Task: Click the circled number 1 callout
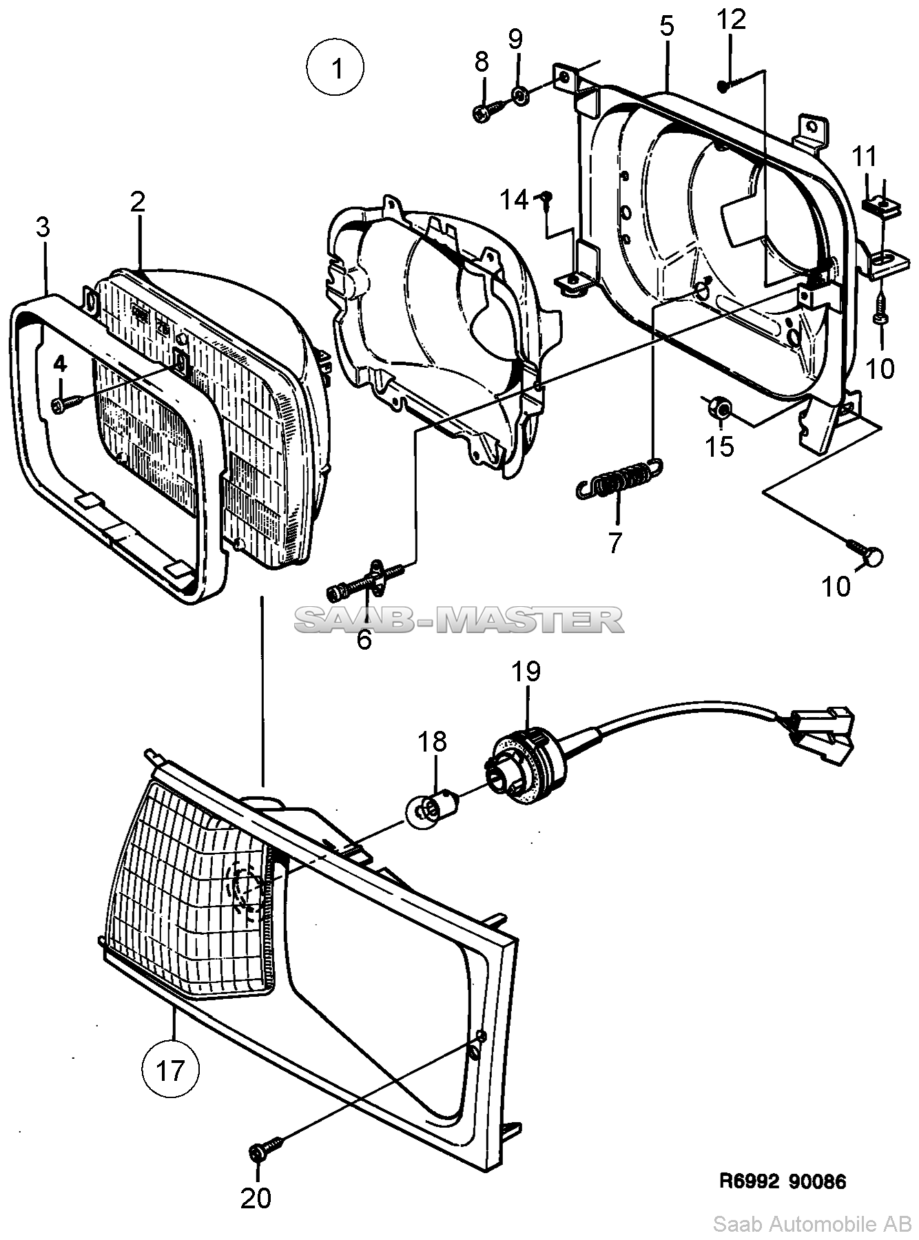click(x=335, y=69)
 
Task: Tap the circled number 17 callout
click(x=170, y=1071)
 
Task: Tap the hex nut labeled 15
click(x=718, y=408)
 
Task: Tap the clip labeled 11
click(x=880, y=205)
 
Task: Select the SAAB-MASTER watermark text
click(x=460, y=619)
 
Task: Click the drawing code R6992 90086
click(x=783, y=1181)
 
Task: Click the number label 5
click(x=666, y=26)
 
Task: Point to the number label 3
click(x=43, y=228)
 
